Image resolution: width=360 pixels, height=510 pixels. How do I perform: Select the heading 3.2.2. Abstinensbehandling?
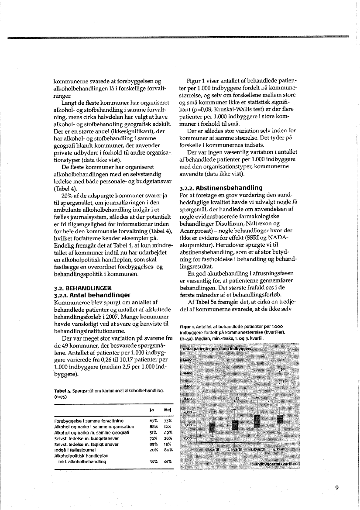(x=220, y=187)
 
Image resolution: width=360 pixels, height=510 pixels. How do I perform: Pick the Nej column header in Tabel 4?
(x=167, y=410)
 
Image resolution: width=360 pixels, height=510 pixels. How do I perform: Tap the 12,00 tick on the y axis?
(x=187, y=359)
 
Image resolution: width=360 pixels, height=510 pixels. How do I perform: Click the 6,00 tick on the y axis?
(x=187, y=399)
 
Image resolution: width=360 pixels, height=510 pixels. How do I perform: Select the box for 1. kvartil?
(x=212, y=427)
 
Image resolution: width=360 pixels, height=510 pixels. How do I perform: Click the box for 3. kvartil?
(x=257, y=421)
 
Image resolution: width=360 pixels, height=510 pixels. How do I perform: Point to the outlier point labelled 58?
(x=279, y=371)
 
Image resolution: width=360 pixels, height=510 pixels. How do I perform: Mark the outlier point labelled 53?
(x=234, y=400)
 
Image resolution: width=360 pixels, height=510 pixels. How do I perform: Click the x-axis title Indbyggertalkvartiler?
(x=276, y=464)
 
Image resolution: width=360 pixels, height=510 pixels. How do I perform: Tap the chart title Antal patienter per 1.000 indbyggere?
(x=217, y=349)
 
